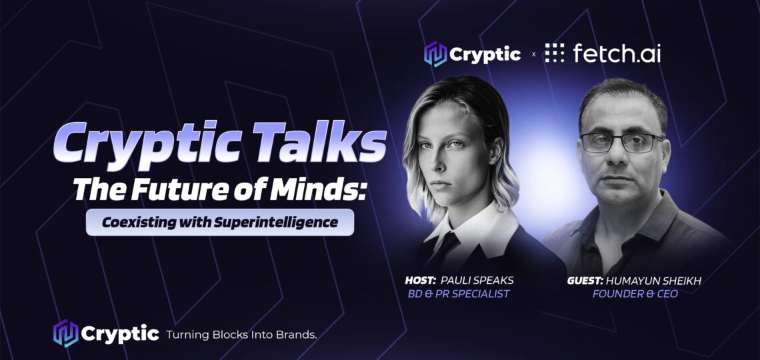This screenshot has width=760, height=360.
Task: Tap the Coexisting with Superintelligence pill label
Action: tap(219, 223)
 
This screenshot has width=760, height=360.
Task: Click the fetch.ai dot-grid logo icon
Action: tap(555, 53)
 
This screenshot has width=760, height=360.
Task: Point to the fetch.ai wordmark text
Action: tap(617, 53)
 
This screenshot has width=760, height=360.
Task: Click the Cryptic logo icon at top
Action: tap(435, 54)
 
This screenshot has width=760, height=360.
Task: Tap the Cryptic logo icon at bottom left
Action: tap(65, 333)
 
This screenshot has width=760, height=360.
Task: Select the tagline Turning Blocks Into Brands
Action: tap(241, 334)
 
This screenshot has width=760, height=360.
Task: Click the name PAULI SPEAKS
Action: tap(477, 281)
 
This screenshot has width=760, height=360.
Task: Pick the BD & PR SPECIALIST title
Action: tap(459, 293)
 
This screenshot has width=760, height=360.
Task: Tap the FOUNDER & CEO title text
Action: tap(635, 293)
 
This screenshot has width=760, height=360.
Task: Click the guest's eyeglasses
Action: tap(622, 143)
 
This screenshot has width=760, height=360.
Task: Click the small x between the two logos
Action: tap(533, 54)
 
